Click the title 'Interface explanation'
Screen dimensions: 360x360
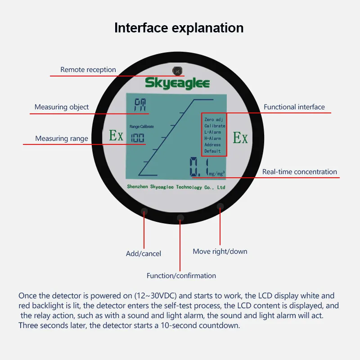click(x=179, y=27)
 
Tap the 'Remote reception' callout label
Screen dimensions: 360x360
click(x=88, y=70)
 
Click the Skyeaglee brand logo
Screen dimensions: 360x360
click(x=177, y=83)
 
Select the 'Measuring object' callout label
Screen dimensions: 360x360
click(x=62, y=107)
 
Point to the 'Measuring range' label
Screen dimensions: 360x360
click(x=62, y=139)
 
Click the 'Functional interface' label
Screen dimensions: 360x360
click(x=294, y=107)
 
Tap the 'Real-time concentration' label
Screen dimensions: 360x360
click(x=300, y=171)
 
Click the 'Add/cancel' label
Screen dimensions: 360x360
click(x=144, y=254)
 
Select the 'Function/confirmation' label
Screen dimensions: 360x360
click(x=181, y=275)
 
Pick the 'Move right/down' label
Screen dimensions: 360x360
click(x=220, y=251)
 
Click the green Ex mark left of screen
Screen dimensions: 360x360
click(x=116, y=136)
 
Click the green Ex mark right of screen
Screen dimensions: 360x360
click(x=240, y=138)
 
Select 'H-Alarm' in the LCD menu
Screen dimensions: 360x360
click(x=212, y=139)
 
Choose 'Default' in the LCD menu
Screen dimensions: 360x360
click(x=212, y=151)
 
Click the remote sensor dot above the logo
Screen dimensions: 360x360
click(x=177, y=71)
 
